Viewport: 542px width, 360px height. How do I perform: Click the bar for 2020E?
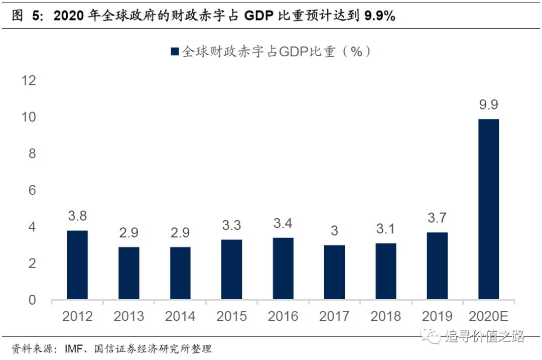[488, 209]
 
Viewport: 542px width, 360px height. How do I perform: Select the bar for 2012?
[77, 265]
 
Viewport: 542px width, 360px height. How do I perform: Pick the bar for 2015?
[231, 270]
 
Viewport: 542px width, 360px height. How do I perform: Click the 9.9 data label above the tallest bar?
[488, 105]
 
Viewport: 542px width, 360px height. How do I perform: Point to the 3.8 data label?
[77, 216]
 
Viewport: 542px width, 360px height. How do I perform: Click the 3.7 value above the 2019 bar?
[437, 218]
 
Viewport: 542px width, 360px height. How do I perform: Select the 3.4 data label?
[283, 223]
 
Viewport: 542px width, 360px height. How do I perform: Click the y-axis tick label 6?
[32, 190]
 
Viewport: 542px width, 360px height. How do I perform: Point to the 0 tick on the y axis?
[32, 300]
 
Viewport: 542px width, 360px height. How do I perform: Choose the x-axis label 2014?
[180, 316]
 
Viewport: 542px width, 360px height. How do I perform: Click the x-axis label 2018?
[385, 316]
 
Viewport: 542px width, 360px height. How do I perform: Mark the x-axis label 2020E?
[488, 316]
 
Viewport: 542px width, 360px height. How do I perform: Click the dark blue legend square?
[175, 52]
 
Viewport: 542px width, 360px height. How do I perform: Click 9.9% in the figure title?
[380, 16]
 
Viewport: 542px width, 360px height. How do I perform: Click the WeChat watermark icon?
[432, 335]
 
